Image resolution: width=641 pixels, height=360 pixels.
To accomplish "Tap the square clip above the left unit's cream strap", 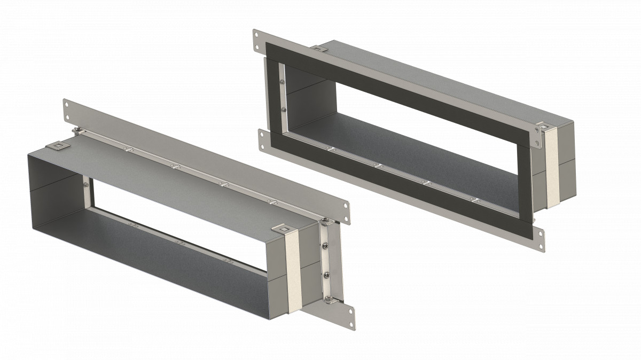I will point(281,230).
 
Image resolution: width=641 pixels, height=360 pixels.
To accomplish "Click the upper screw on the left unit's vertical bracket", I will point(325,246).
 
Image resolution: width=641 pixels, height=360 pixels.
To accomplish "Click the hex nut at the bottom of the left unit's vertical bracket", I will point(329,299).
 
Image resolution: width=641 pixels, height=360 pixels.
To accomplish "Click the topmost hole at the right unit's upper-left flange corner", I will point(256,35).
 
